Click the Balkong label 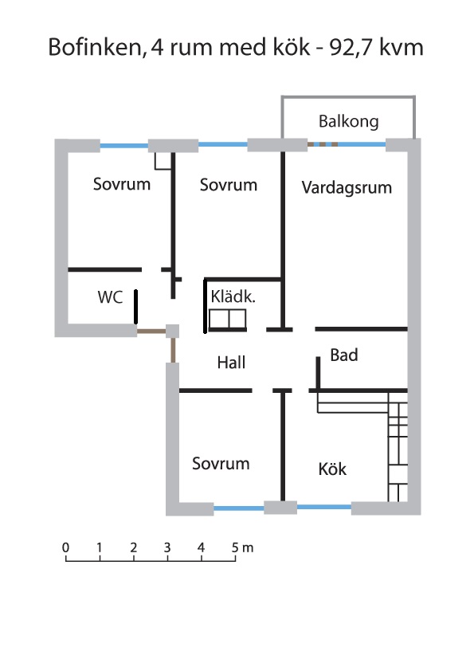coord(349,122)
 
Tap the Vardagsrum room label coord(347,187)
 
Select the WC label coord(111,297)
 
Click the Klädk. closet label coord(233,296)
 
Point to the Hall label coord(232,363)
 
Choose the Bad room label coord(344,355)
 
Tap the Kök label coord(332,469)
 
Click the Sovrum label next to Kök coord(221,464)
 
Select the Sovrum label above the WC coord(122,184)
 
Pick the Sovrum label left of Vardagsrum coord(229,185)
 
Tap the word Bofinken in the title coord(96,47)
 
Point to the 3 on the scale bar coord(167,547)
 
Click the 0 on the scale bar coord(65,547)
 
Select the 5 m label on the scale coord(242,547)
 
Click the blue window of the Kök coord(324,507)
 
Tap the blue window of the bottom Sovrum coord(239,508)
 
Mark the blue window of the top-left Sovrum coord(124,146)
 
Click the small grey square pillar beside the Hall coord(172,332)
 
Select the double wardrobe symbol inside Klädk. coord(228,320)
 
